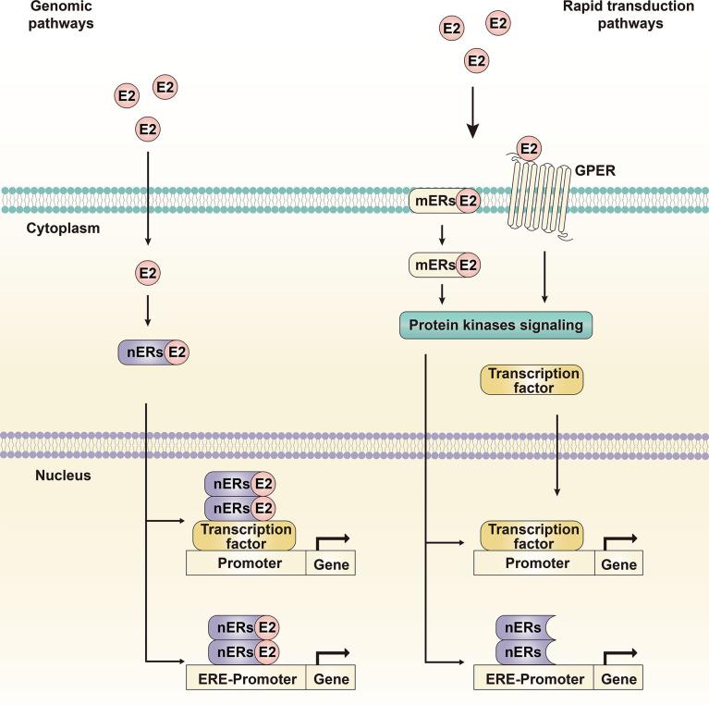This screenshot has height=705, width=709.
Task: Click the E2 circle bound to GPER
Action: click(x=529, y=148)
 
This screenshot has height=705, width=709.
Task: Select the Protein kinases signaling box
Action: click(x=495, y=325)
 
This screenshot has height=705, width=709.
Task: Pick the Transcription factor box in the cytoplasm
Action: click(x=532, y=380)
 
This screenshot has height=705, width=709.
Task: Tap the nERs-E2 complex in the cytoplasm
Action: click(x=153, y=352)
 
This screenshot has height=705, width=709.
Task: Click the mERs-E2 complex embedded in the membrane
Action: click(x=446, y=200)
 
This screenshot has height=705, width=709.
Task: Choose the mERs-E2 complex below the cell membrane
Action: click(x=446, y=266)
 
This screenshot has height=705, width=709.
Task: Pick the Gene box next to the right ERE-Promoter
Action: click(x=618, y=678)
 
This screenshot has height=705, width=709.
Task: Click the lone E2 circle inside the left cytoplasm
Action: click(x=147, y=273)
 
